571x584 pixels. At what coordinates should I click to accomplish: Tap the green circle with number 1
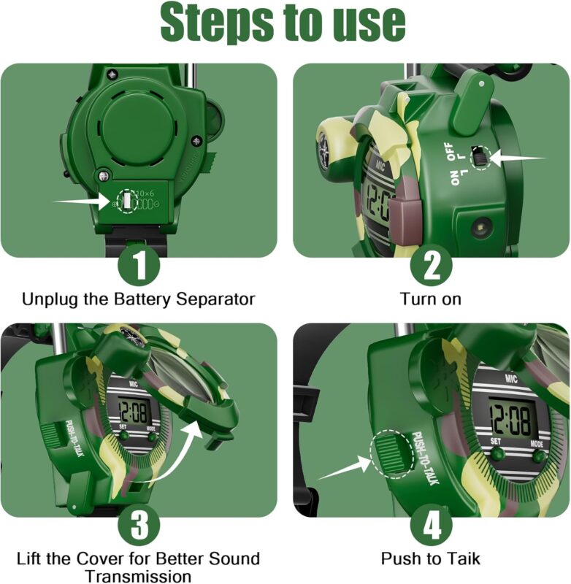pyautogui.click(x=139, y=265)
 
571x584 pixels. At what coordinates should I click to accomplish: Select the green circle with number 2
pyautogui.click(x=432, y=265)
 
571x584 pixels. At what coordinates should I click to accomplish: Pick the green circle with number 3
pyautogui.click(x=139, y=525)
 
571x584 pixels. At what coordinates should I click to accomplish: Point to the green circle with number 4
pyautogui.click(x=432, y=525)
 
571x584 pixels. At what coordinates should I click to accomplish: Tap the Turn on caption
pyautogui.click(x=431, y=299)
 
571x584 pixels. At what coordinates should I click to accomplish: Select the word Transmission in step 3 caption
pyautogui.click(x=139, y=576)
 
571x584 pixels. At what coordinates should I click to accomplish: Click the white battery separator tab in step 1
pyautogui.click(x=127, y=201)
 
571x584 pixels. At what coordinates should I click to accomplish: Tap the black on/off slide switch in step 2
pyautogui.click(x=479, y=155)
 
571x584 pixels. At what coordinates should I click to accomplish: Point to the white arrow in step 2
pyautogui.click(x=518, y=158)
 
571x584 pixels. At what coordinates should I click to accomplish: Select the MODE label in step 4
pyautogui.click(x=537, y=444)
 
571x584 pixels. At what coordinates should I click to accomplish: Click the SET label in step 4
pyautogui.click(x=496, y=442)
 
